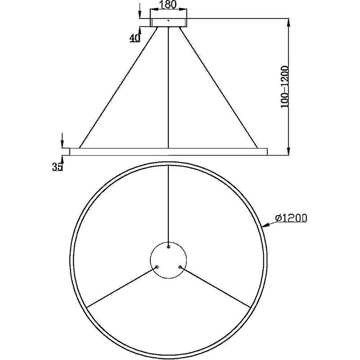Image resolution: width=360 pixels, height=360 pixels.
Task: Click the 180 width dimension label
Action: (x=168, y=4)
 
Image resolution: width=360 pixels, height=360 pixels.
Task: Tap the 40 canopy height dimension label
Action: (x=135, y=38)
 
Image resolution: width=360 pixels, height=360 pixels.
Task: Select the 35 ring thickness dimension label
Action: (x=57, y=166)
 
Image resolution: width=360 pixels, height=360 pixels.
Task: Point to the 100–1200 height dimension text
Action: (x=284, y=87)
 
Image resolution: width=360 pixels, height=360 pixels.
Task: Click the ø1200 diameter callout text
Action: (x=291, y=218)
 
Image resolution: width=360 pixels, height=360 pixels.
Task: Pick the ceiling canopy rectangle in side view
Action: (x=168, y=22)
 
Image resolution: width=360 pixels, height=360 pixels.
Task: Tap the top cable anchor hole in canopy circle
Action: (x=168, y=247)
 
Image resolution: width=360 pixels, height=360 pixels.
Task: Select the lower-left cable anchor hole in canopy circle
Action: (x=157, y=267)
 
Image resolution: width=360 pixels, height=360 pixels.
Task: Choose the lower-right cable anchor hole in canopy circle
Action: (x=180, y=267)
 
